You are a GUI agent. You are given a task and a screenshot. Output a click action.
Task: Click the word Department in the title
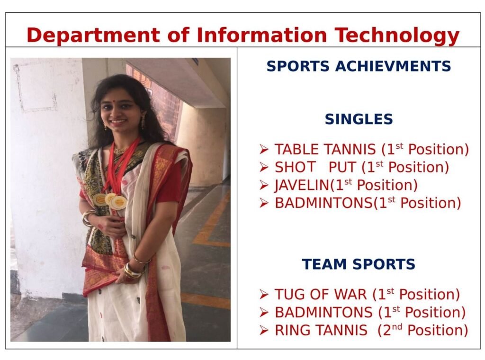(x=93, y=35)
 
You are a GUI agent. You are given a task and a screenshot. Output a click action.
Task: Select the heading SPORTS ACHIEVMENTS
(x=359, y=66)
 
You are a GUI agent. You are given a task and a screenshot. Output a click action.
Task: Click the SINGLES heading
(x=359, y=119)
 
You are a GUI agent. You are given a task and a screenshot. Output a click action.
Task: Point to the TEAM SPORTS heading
(x=359, y=264)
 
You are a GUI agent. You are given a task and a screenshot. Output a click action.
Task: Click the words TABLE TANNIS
(x=325, y=149)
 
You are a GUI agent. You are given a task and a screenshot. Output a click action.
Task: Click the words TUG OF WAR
(x=321, y=294)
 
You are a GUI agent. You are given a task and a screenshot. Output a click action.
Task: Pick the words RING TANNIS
(x=321, y=330)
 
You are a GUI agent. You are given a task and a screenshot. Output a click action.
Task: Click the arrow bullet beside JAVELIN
(x=264, y=185)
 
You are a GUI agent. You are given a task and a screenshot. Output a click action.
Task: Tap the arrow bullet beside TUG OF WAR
(x=264, y=294)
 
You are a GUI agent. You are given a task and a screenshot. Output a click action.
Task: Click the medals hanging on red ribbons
(x=110, y=201)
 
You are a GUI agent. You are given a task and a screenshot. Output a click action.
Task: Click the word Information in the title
(x=261, y=35)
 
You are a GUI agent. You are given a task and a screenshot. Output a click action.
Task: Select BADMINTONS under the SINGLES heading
(x=323, y=203)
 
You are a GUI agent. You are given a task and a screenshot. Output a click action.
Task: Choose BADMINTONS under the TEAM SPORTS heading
(x=323, y=312)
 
